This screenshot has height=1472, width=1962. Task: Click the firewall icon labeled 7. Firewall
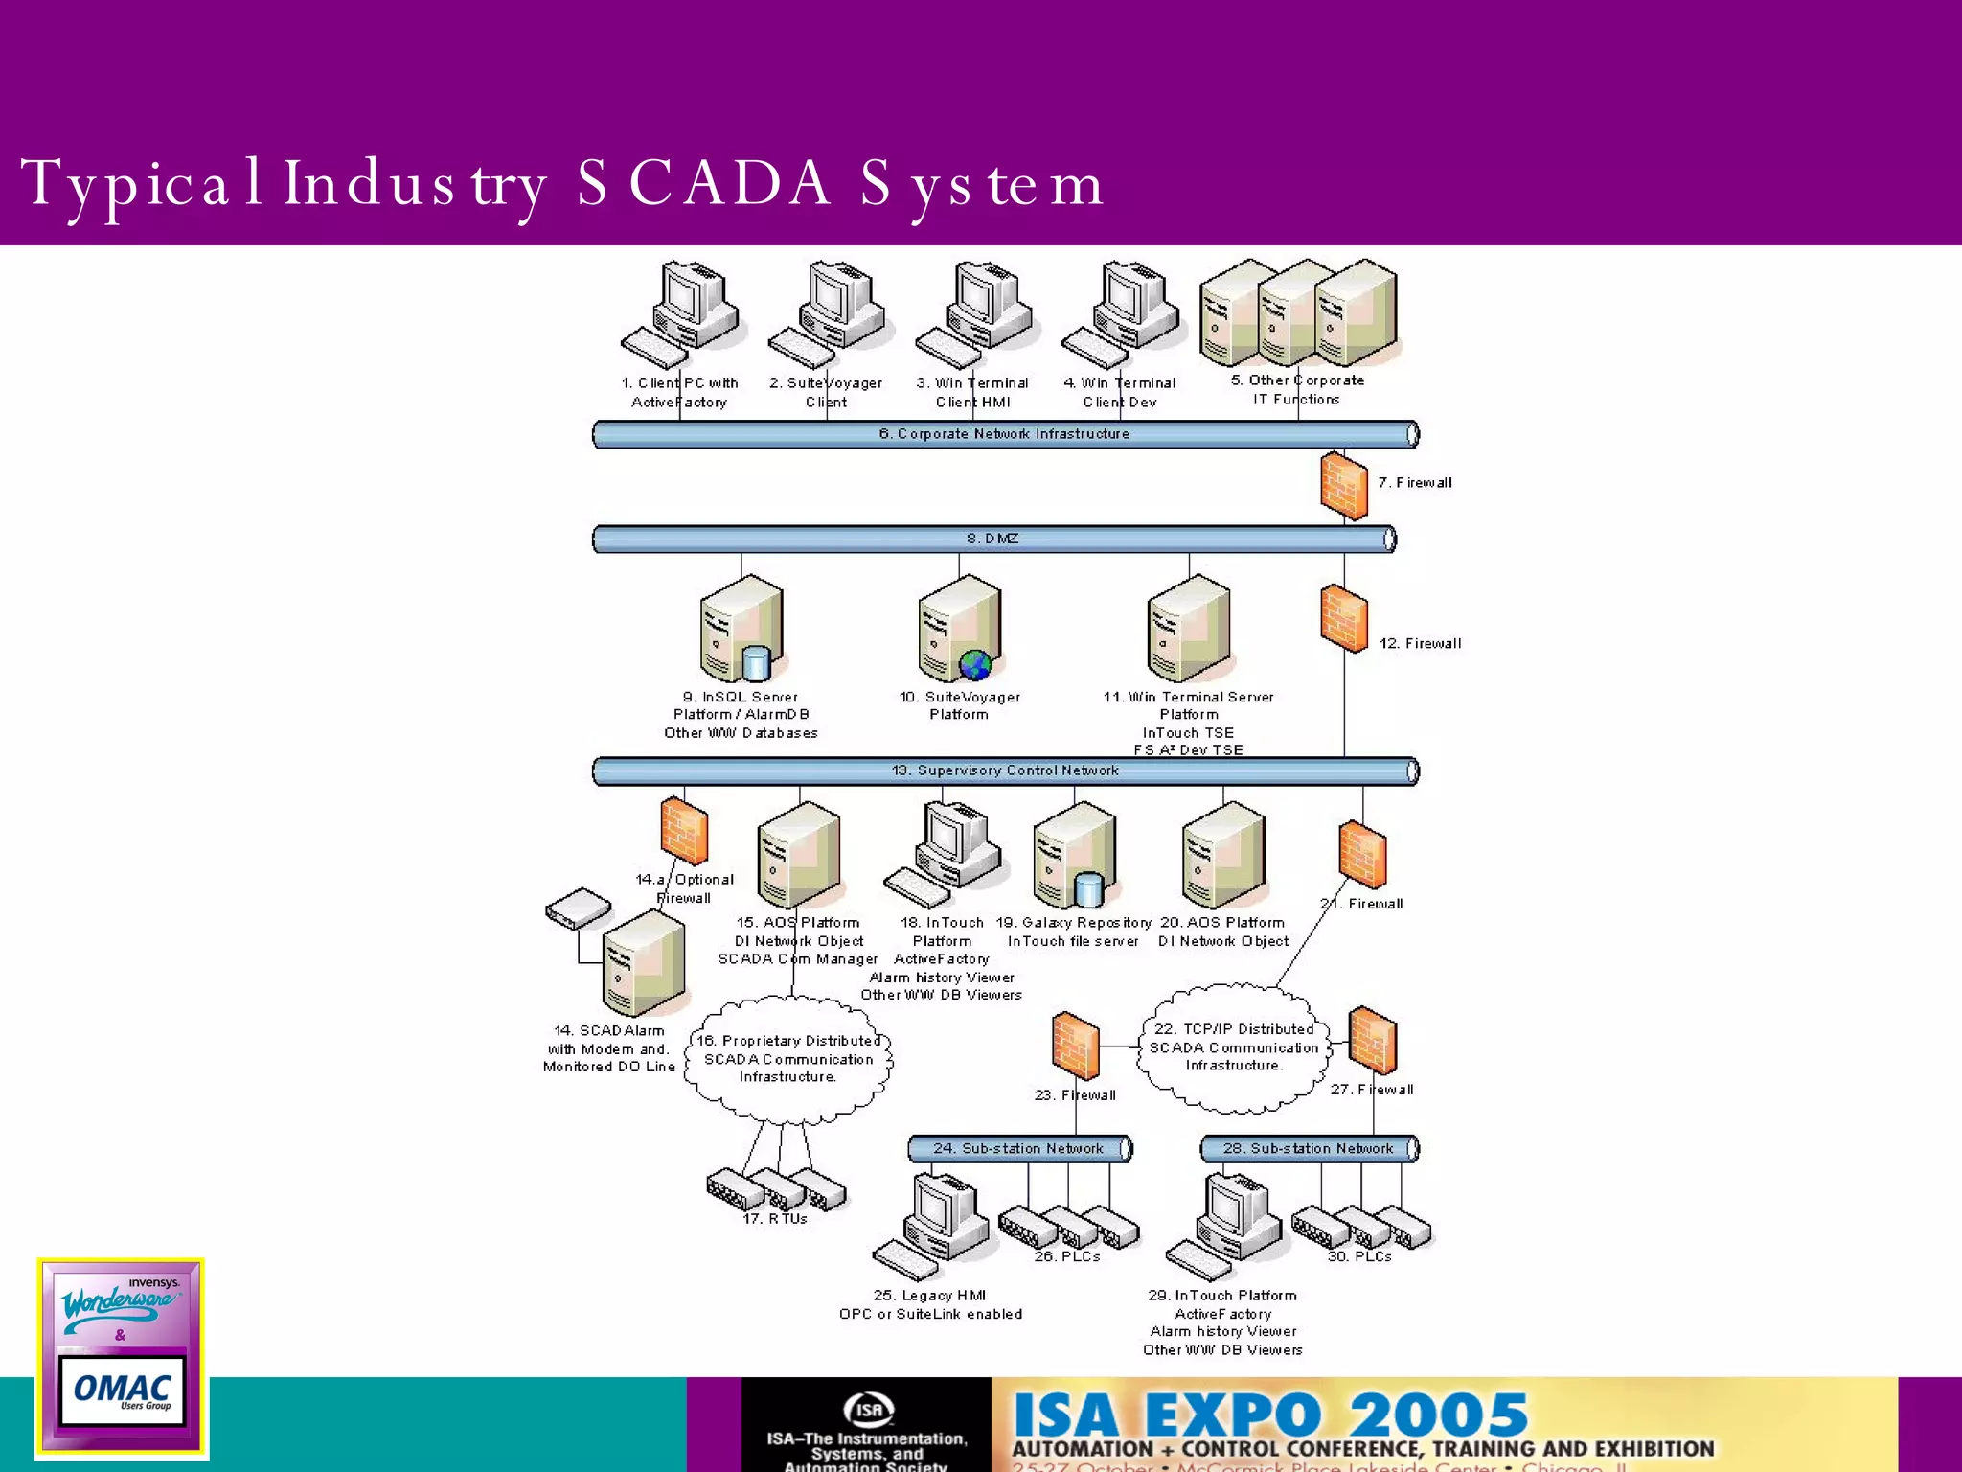[x=1343, y=486]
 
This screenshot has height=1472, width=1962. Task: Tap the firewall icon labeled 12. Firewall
[x=1343, y=619]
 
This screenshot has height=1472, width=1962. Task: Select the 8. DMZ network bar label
[x=992, y=539]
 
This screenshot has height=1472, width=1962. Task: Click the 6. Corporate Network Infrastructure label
[x=1004, y=434]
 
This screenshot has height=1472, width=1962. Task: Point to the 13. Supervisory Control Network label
[x=1005, y=770]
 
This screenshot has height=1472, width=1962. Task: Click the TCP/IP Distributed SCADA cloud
[x=1234, y=1047]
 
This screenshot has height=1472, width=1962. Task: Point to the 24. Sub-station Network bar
[x=1019, y=1148]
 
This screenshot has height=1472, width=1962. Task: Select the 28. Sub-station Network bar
[x=1309, y=1148]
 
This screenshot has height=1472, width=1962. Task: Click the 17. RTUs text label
[x=775, y=1219]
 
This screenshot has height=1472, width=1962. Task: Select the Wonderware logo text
[x=119, y=1304]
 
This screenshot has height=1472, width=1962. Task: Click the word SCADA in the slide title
[x=704, y=182]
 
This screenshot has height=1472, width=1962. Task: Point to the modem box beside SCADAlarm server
[x=578, y=908]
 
